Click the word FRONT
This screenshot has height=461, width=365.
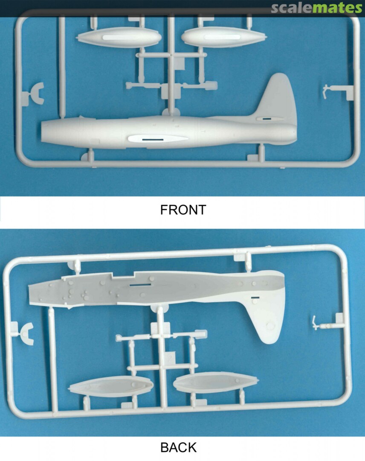coord(182,210)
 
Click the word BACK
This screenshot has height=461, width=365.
coord(179,447)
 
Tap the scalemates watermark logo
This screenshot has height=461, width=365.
coord(316,8)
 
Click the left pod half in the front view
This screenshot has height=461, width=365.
coord(119,37)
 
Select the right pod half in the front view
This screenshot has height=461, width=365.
coord(223,37)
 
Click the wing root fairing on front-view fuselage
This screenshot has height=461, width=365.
coord(158,138)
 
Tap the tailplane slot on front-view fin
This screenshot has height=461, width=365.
coord(267,119)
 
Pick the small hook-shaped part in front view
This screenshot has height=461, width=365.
coord(325,92)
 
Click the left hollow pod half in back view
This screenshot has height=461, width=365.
coord(111,386)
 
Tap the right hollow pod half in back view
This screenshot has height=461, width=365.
coord(216,382)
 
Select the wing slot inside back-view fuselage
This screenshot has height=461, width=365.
coord(140,285)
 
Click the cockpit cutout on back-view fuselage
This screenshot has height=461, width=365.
coord(123,275)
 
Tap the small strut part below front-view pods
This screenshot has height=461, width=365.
coord(172,86)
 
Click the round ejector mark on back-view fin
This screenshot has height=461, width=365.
coord(269,325)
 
